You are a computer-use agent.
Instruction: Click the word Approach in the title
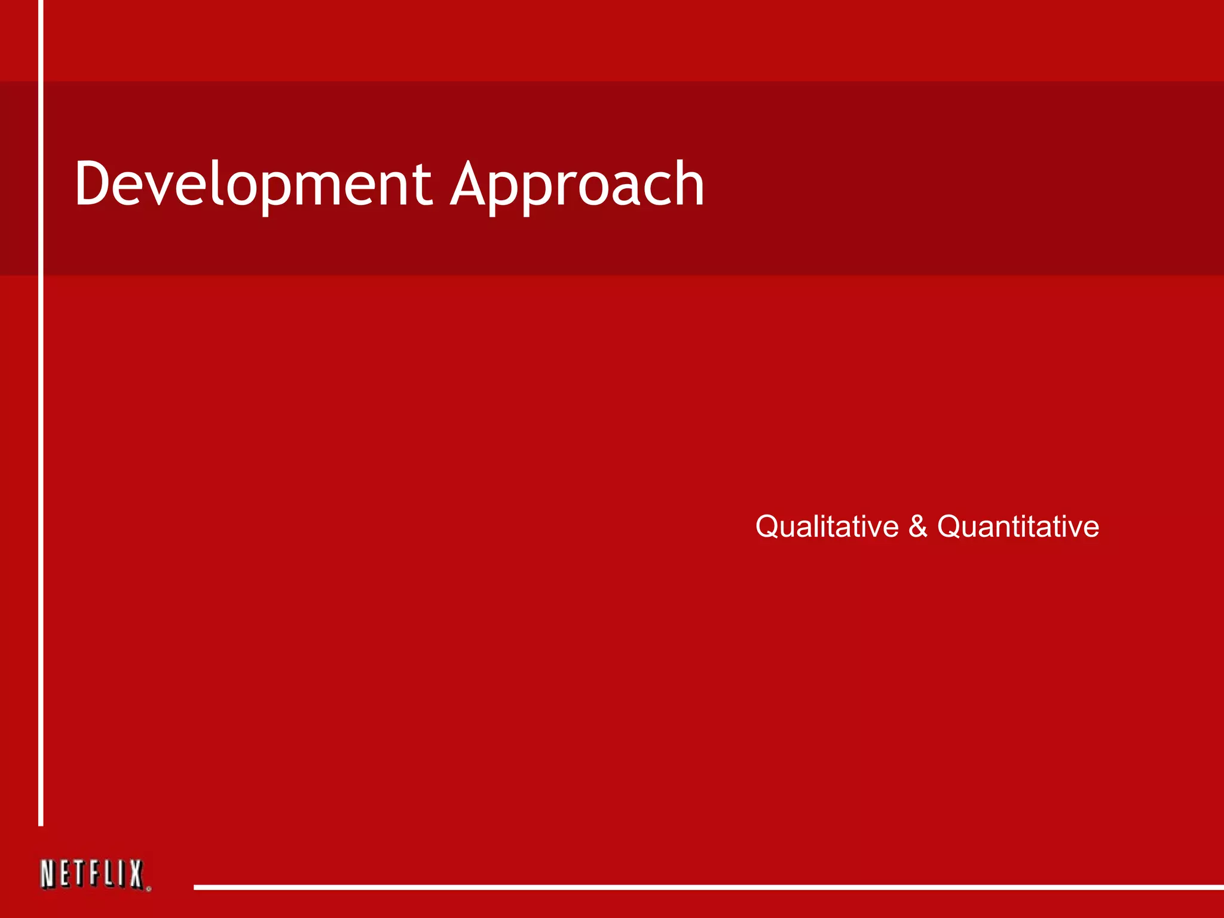point(577,185)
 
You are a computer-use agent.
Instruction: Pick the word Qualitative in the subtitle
point(827,527)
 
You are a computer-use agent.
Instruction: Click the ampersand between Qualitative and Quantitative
point(918,527)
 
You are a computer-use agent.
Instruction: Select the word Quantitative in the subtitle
point(1018,527)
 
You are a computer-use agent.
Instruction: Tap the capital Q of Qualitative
point(768,527)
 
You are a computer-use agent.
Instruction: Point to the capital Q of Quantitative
point(950,527)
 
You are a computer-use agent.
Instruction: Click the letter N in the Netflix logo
point(48,874)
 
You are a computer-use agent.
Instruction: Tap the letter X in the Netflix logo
point(136,874)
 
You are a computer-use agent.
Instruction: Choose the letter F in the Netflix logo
point(94,874)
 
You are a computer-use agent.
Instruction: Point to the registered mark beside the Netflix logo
point(148,889)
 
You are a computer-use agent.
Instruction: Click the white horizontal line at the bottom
point(705,887)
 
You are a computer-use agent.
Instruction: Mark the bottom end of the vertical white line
point(41,824)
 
